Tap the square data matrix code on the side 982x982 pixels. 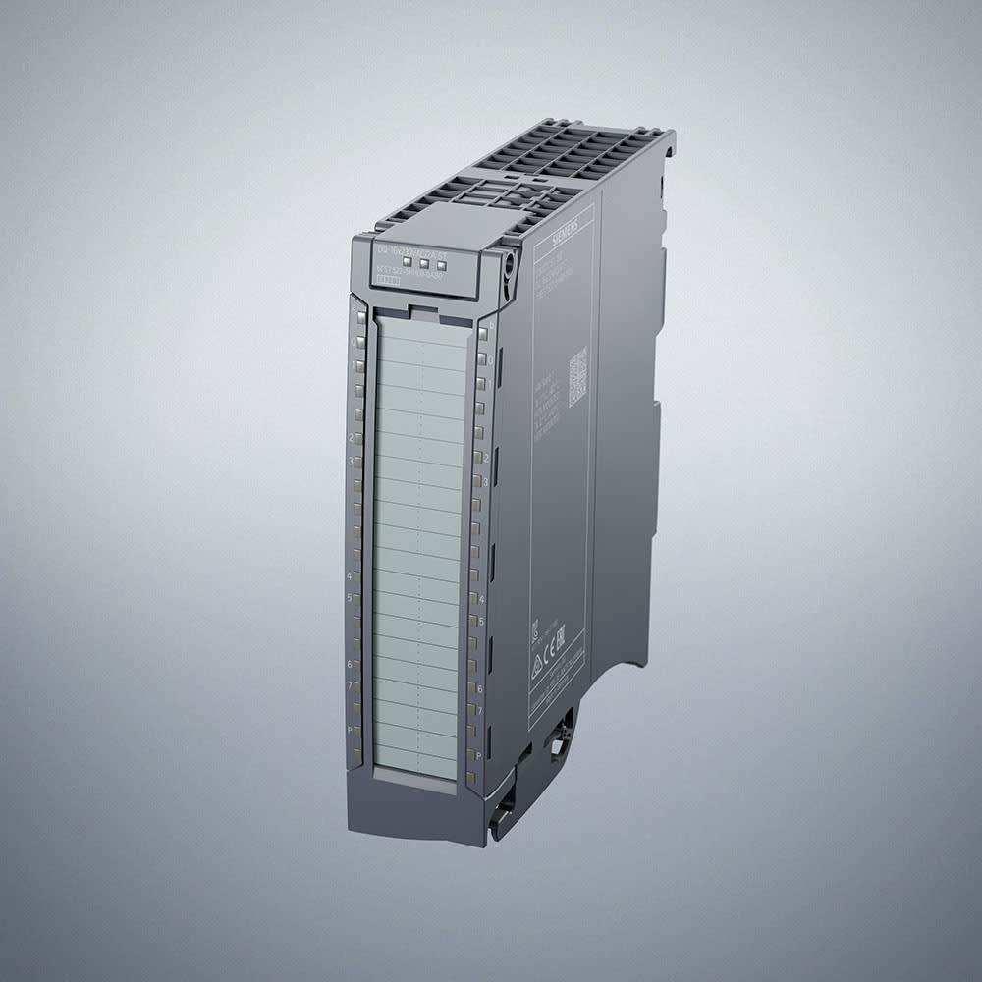tap(577, 375)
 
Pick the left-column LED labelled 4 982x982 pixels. tap(356, 575)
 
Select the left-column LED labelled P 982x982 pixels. tap(355, 732)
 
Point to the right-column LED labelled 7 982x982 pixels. tap(473, 711)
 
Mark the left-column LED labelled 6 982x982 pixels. tap(355, 665)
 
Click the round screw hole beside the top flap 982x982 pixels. tap(509, 264)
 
